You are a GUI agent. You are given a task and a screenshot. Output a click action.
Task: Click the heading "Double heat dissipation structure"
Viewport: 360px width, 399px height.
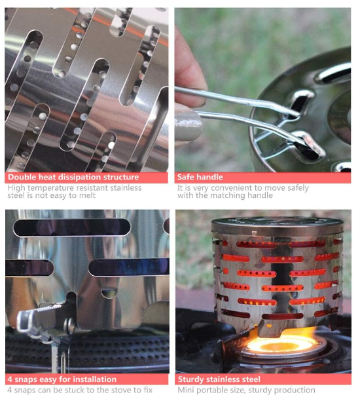(x=73, y=177)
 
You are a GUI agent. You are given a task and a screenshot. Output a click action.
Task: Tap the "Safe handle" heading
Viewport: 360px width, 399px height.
(x=200, y=177)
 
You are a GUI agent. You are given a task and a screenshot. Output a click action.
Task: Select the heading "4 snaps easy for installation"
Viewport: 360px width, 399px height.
(x=62, y=379)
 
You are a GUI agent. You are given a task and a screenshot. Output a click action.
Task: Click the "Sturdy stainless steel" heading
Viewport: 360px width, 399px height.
(x=219, y=379)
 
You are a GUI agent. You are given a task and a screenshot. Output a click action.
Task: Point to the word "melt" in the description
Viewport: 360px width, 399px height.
(x=87, y=195)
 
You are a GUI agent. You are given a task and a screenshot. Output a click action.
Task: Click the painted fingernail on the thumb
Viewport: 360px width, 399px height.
(x=189, y=126)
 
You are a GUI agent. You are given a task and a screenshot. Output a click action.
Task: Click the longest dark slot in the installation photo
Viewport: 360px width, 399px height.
(x=71, y=227)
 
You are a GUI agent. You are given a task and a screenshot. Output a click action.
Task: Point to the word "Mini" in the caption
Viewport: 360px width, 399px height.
(x=186, y=390)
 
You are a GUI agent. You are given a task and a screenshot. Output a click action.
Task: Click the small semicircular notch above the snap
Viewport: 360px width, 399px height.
(x=109, y=293)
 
